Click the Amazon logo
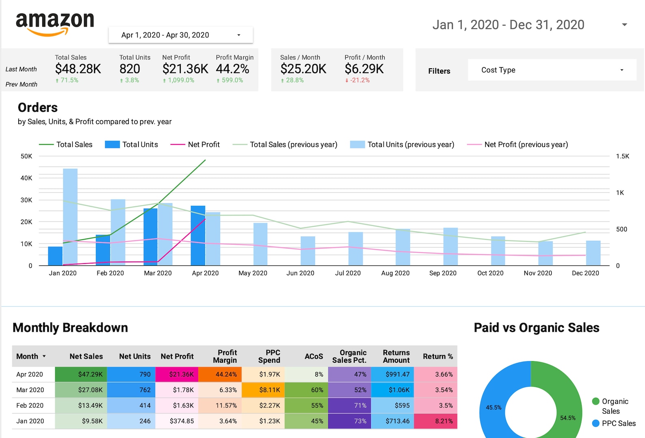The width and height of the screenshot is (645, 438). pyautogui.click(x=55, y=24)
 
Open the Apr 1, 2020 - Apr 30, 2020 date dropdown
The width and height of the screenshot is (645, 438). pyautogui.click(x=180, y=35)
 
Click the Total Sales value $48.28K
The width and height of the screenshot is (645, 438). pyautogui.click(x=78, y=69)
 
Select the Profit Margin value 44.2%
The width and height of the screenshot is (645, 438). pyautogui.click(x=232, y=69)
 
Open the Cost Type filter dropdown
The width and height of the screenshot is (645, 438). pyautogui.click(x=552, y=70)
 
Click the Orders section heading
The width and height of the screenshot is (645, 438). pyautogui.click(x=38, y=107)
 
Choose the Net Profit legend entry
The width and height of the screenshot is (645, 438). pyautogui.click(x=195, y=144)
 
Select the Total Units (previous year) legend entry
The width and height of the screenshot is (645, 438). pyautogui.click(x=402, y=144)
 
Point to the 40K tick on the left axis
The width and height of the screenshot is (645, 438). pyautogui.click(x=26, y=178)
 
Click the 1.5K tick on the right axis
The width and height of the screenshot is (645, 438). pyautogui.click(x=622, y=156)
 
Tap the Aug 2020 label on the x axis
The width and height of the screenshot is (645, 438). pyautogui.click(x=395, y=273)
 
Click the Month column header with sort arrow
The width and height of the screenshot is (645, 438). pyautogui.click(x=31, y=356)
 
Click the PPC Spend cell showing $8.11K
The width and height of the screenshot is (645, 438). pyautogui.click(x=263, y=390)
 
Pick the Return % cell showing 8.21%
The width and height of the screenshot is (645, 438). pyautogui.click(x=435, y=421)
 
